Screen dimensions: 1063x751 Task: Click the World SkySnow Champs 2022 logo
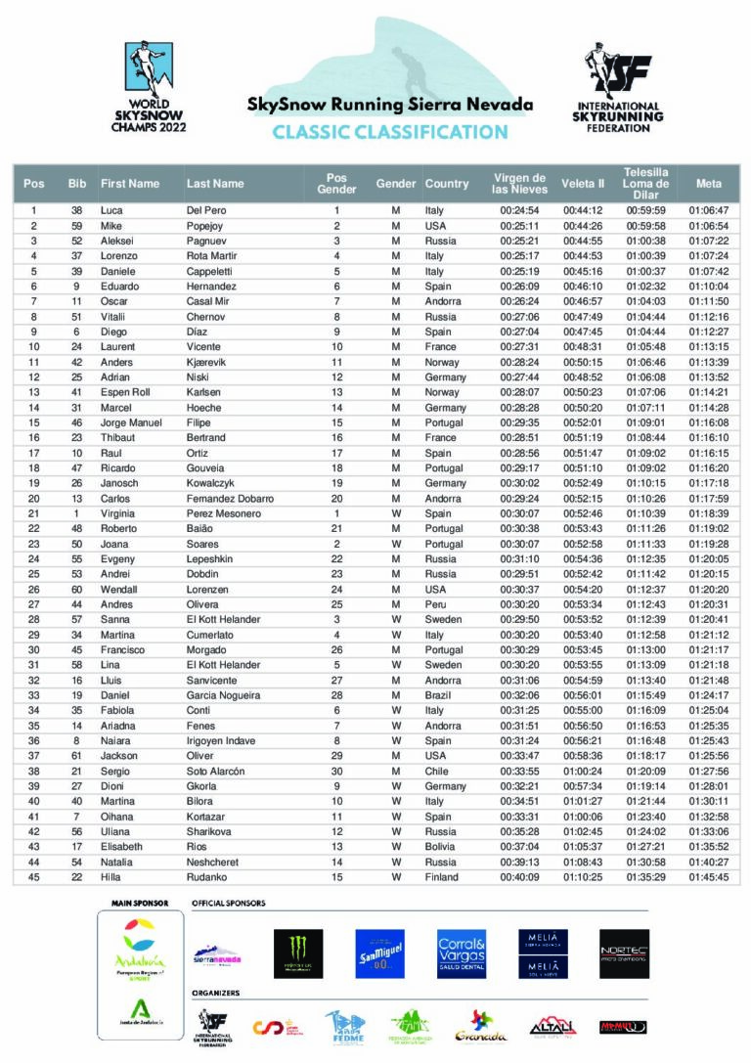pyautogui.click(x=149, y=87)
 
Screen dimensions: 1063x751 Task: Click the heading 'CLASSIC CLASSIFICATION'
pyautogui.click(x=389, y=132)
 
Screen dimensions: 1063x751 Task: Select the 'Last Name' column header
pyautogui.click(x=215, y=184)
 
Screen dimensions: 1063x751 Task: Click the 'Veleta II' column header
pyautogui.click(x=583, y=184)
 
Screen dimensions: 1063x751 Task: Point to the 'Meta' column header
pyautogui.click(x=709, y=184)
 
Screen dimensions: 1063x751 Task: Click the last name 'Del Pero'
pyautogui.click(x=205, y=210)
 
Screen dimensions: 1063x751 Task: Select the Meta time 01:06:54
pyautogui.click(x=709, y=225)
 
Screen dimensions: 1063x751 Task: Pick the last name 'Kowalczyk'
pyautogui.click(x=214, y=483)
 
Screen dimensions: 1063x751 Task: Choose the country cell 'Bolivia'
pyautogui.click(x=441, y=847)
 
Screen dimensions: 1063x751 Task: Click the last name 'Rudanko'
pyautogui.click(x=207, y=877)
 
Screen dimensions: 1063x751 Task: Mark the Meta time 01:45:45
pyautogui.click(x=709, y=877)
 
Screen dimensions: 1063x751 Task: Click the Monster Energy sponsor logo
pyautogui.click(x=298, y=953)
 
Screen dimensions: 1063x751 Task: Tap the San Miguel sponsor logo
pyautogui.click(x=380, y=953)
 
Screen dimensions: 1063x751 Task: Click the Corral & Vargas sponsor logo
pyautogui.click(x=462, y=953)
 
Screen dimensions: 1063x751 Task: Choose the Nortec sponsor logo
pyautogui.click(x=624, y=953)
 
